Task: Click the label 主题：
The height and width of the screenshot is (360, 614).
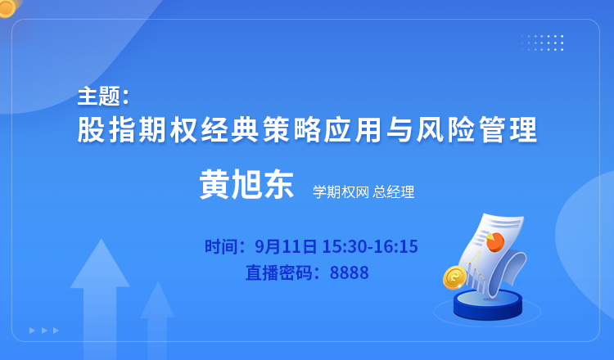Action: pos(103,97)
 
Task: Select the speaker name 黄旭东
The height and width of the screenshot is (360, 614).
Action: pos(246,185)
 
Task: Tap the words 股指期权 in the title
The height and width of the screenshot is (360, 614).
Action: pos(137,129)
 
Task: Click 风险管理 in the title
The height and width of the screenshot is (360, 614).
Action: pos(477,129)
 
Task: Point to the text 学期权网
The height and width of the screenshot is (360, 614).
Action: pos(341,192)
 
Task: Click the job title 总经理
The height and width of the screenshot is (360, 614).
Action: pos(394,192)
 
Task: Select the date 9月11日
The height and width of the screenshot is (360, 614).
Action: pos(286,246)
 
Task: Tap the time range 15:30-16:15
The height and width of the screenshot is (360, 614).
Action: pos(370,246)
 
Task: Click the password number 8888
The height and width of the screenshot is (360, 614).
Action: pos(350,272)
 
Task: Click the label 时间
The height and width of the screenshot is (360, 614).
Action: pos(219,246)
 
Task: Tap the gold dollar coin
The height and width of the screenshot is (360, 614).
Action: pos(454,277)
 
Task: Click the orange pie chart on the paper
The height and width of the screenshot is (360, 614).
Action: pos(495,242)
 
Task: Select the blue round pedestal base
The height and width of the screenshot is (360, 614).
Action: pos(488,305)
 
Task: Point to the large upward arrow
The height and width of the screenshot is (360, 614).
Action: pos(100,297)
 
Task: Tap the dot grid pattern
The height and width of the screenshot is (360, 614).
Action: pos(542,43)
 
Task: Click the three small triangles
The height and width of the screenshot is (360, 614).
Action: pos(44,331)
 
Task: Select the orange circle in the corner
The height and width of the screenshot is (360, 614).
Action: pos(6,7)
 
